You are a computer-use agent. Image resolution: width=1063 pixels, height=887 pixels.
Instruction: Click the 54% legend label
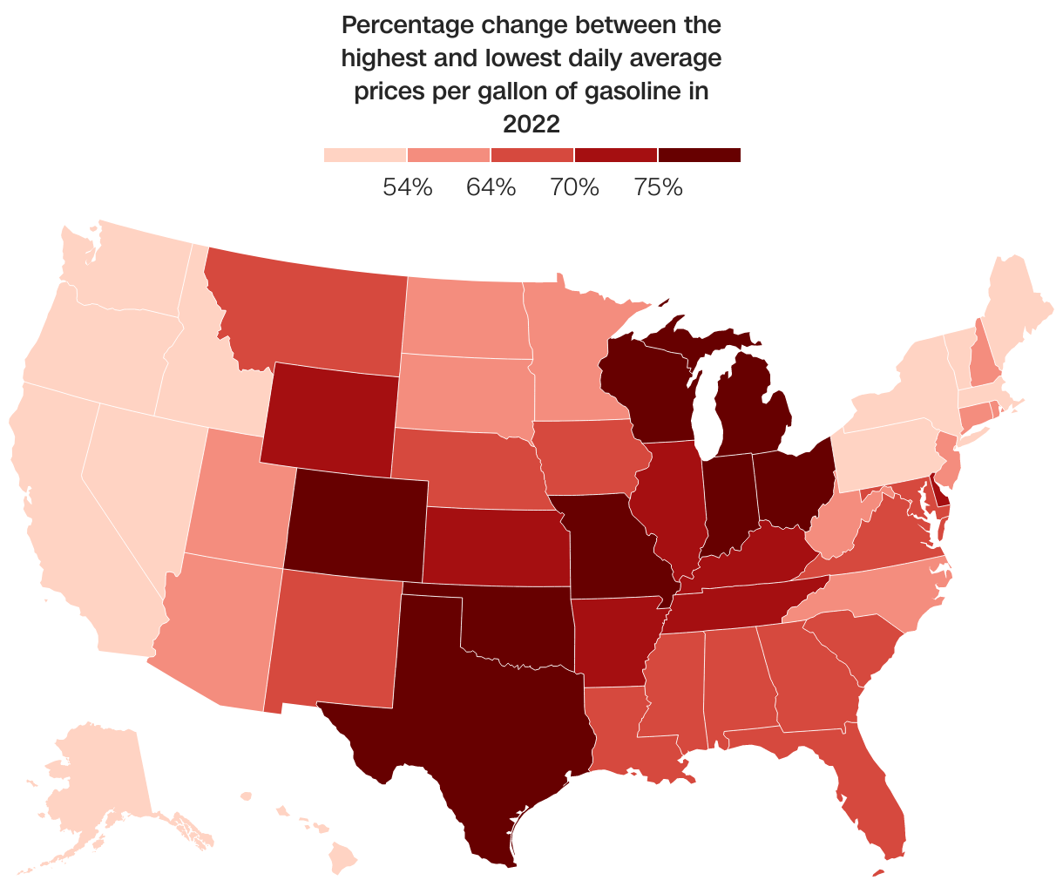[x=408, y=186]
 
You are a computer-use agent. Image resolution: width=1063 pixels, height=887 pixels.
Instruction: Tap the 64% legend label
[x=491, y=186]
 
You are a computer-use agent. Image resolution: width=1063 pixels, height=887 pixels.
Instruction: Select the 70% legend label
[x=575, y=186]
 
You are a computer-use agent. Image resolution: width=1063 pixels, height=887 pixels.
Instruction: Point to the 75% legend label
[x=659, y=186]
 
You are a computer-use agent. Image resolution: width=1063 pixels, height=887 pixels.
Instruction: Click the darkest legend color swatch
[x=699, y=155]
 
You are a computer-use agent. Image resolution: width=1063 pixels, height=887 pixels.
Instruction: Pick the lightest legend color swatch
[x=365, y=155]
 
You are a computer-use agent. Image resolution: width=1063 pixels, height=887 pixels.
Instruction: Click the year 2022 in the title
[x=531, y=125]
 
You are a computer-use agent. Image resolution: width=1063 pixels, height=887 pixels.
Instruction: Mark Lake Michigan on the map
[x=708, y=401]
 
